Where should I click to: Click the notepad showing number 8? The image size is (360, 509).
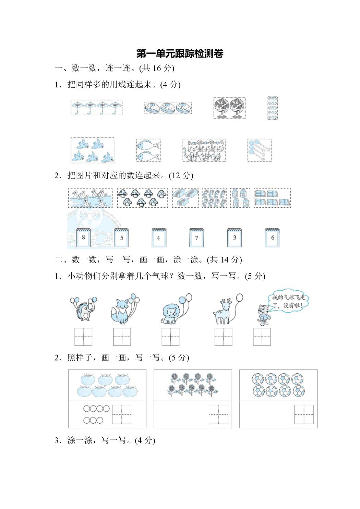(x=83, y=238)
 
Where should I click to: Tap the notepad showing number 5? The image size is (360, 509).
(x=121, y=238)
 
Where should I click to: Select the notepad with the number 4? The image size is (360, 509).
(x=159, y=238)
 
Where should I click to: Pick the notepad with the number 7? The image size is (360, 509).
(x=197, y=238)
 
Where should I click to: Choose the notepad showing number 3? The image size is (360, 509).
(x=235, y=238)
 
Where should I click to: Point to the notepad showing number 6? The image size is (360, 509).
(x=272, y=238)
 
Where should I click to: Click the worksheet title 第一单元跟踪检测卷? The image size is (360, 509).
(x=180, y=53)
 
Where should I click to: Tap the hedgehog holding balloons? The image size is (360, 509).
(x=83, y=309)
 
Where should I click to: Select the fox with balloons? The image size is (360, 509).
(x=124, y=309)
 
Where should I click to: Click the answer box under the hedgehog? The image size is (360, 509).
(x=83, y=337)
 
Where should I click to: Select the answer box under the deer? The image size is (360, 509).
(x=224, y=337)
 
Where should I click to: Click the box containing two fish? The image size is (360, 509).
(x=148, y=150)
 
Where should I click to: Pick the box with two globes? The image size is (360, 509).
(x=229, y=108)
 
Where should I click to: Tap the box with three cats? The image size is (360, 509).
(x=204, y=150)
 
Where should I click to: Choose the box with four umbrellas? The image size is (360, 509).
(x=97, y=108)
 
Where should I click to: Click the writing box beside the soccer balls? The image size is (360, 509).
(x=304, y=414)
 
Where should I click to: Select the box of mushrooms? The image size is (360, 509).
(x=143, y=198)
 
